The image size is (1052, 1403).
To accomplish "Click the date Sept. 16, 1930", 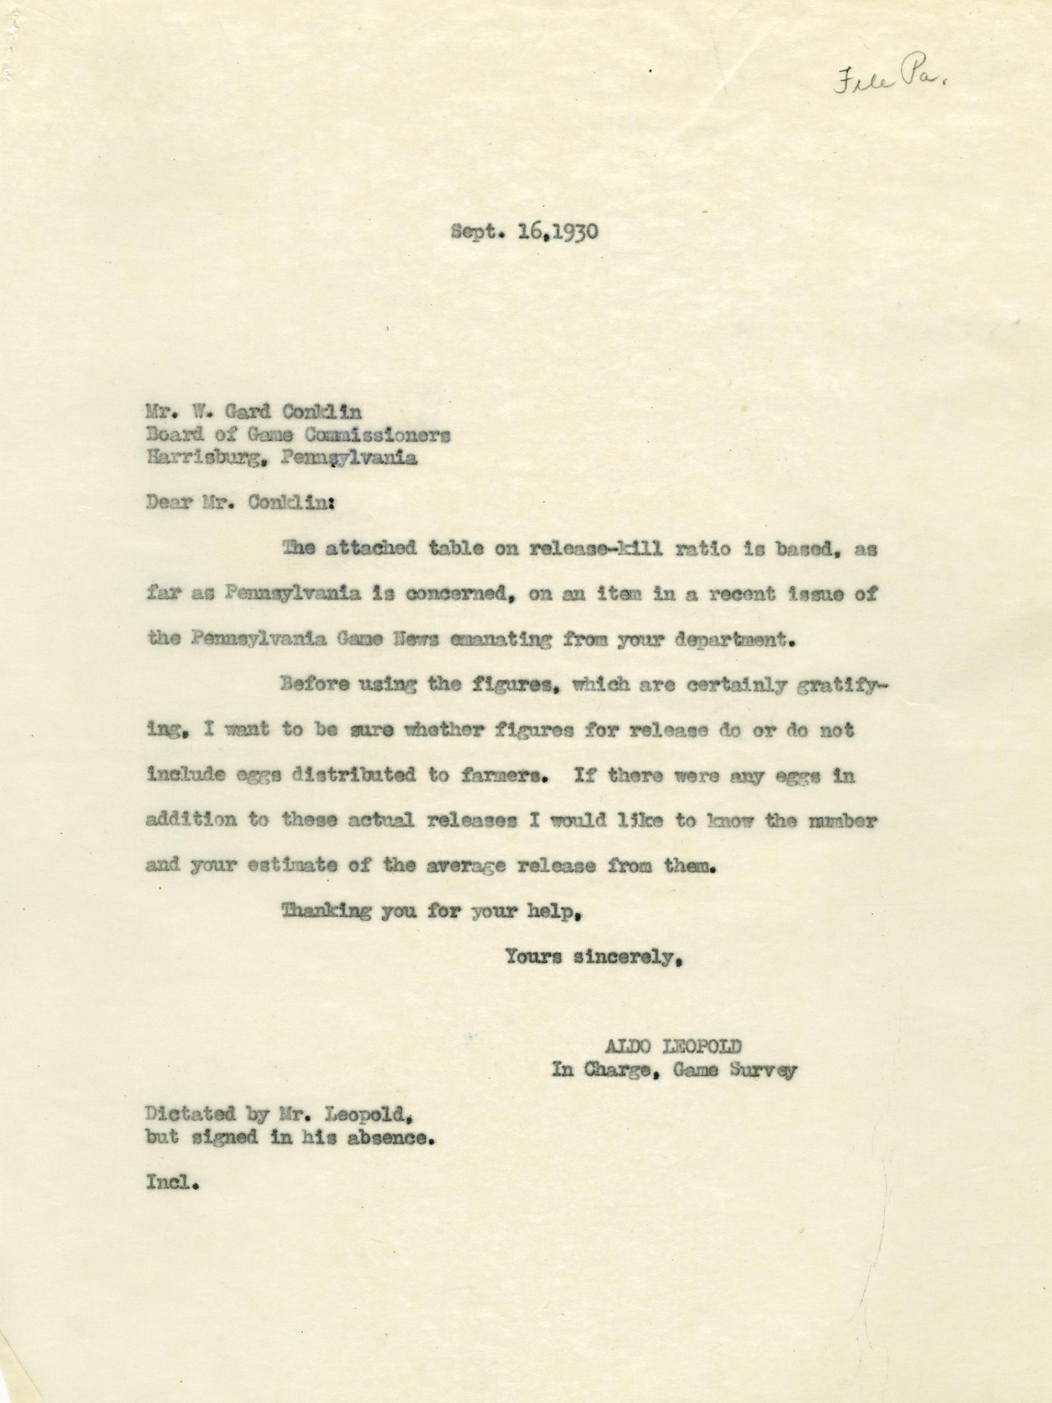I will (524, 232).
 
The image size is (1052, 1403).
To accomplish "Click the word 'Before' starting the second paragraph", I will (315, 685).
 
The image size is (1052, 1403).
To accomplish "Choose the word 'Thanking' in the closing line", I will (325, 912).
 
